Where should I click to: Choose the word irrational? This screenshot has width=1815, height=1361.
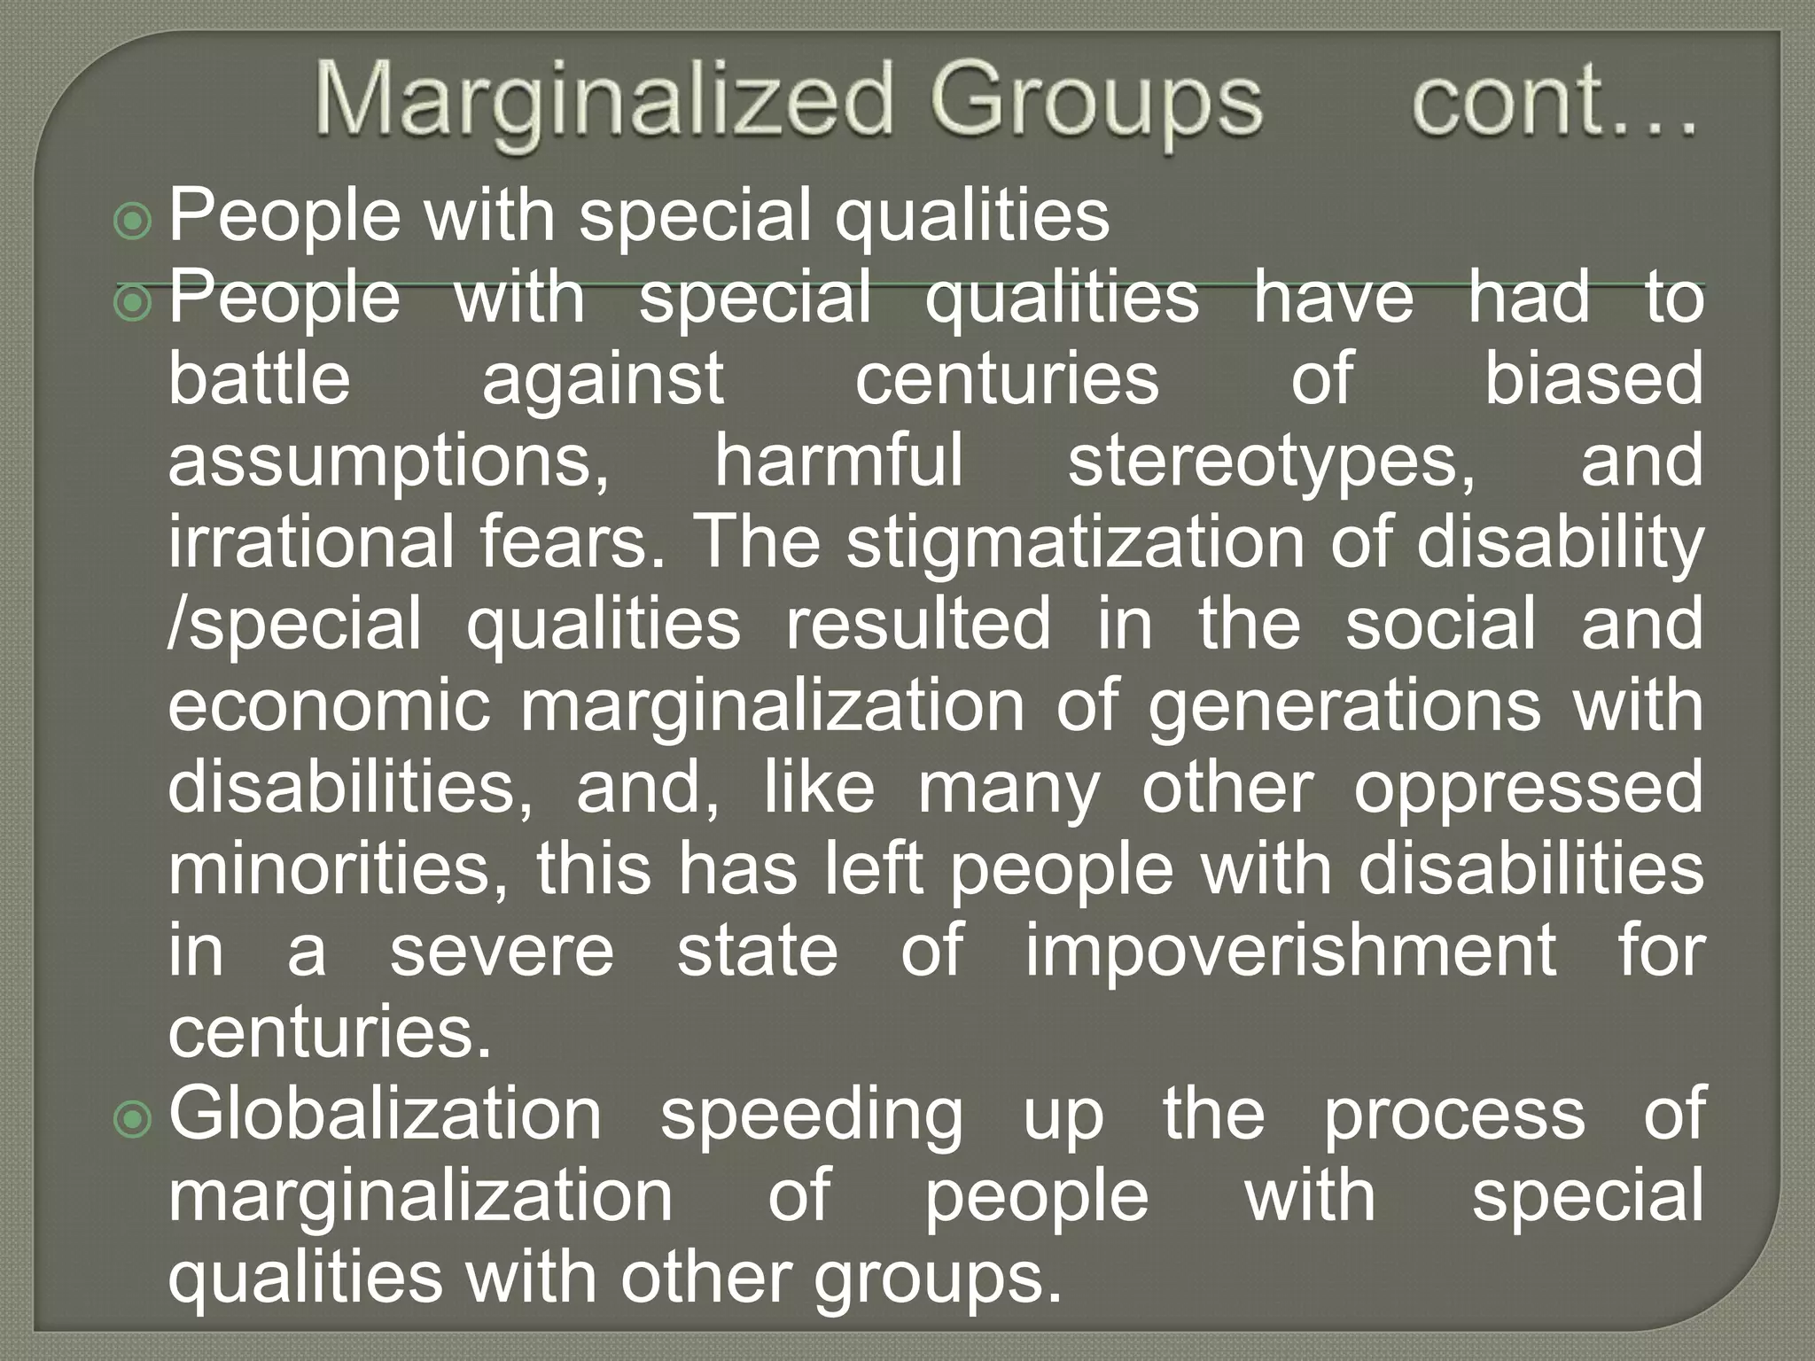(310, 542)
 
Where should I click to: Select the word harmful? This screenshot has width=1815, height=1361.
(838, 461)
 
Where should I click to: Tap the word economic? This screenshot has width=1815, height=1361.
(329, 706)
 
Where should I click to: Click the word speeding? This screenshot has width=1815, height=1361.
(811, 1116)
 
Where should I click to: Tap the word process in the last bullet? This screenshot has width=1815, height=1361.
(1453, 1116)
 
